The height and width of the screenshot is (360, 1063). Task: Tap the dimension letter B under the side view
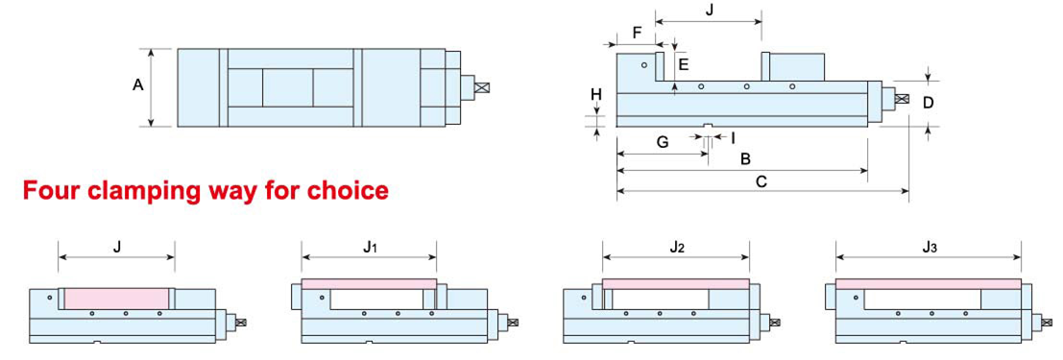pyautogui.click(x=744, y=159)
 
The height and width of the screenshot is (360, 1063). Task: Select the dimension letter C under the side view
pyautogui.click(x=761, y=181)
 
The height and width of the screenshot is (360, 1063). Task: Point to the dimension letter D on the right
pyautogui.click(x=929, y=103)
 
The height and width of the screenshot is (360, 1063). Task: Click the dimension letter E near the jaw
pyautogui.click(x=684, y=65)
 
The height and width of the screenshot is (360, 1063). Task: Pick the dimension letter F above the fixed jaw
pyautogui.click(x=636, y=33)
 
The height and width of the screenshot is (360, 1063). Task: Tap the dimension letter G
pyautogui.click(x=663, y=142)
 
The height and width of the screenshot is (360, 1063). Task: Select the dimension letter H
pyautogui.click(x=596, y=94)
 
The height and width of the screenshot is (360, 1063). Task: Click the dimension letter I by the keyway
pyautogui.click(x=733, y=138)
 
